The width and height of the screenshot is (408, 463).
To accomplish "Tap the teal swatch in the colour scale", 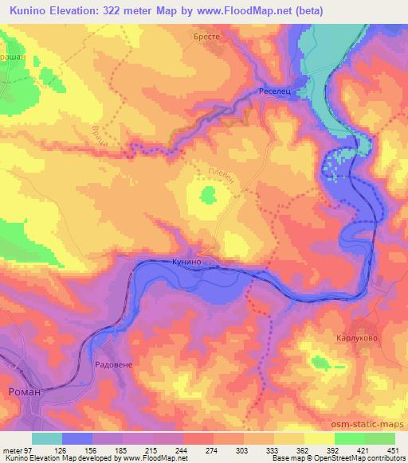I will click(48, 438).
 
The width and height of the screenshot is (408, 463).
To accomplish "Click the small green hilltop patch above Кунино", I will click(209, 193).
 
